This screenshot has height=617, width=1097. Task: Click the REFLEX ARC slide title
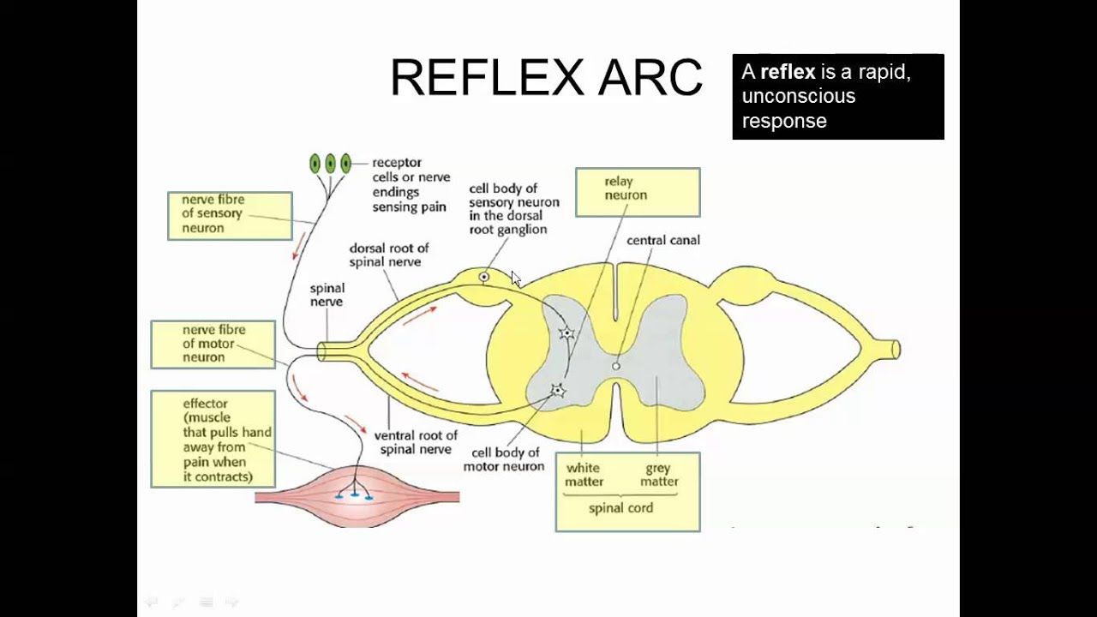pyautogui.click(x=546, y=78)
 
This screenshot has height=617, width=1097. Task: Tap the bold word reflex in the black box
pyautogui.click(x=787, y=72)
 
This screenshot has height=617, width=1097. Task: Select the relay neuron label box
pyautogui.click(x=637, y=191)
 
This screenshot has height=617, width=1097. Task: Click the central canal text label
pyautogui.click(x=662, y=241)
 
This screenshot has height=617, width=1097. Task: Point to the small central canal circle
pyautogui.click(x=615, y=366)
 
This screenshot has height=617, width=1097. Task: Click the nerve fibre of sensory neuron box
pyautogui.click(x=230, y=215)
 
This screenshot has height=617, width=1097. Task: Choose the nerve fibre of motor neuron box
pyautogui.click(x=213, y=344)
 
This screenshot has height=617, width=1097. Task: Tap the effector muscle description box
pyautogui.click(x=213, y=439)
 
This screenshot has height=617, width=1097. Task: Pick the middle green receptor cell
pyautogui.click(x=330, y=163)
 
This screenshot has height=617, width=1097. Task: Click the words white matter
pyautogui.click(x=583, y=475)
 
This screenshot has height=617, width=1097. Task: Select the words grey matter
pyautogui.click(x=659, y=475)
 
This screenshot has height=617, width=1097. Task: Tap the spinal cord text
pyautogui.click(x=620, y=508)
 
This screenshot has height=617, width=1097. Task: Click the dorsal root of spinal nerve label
pyautogui.click(x=388, y=255)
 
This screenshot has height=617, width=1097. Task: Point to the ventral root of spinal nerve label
pyautogui.click(x=415, y=442)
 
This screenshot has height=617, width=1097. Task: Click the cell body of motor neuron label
pyautogui.click(x=504, y=459)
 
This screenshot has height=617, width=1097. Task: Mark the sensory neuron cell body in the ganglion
pyautogui.click(x=484, y=277)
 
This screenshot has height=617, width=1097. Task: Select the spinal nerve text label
pyautogui.click(x=327, y=295)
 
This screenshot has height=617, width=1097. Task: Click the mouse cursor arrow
pyautogui.click(x=515, y=279)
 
